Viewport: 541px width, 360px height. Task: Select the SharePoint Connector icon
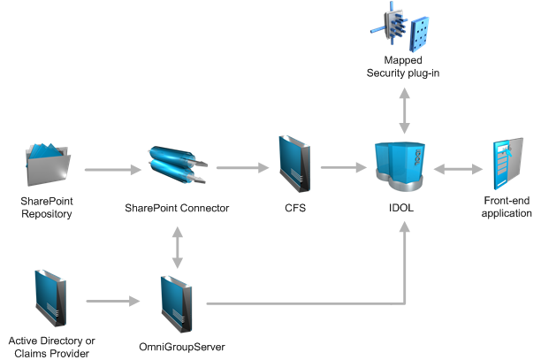[178, 166]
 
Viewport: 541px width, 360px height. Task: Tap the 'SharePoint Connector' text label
[177, 209]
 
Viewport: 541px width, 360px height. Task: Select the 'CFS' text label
[293, 209]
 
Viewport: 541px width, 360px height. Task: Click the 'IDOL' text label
[403, 209]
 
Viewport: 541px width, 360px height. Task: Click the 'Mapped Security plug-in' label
[403, 66]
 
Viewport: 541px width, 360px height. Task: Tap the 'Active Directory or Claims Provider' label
[51, 347]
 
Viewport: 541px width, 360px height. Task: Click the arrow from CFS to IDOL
[345, 165]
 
